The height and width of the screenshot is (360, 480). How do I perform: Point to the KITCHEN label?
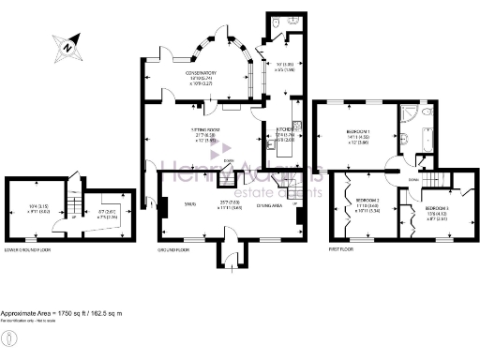(282, 132)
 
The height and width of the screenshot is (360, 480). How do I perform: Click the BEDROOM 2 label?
(366, 201)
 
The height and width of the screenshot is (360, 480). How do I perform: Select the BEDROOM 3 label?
(436, 206)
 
